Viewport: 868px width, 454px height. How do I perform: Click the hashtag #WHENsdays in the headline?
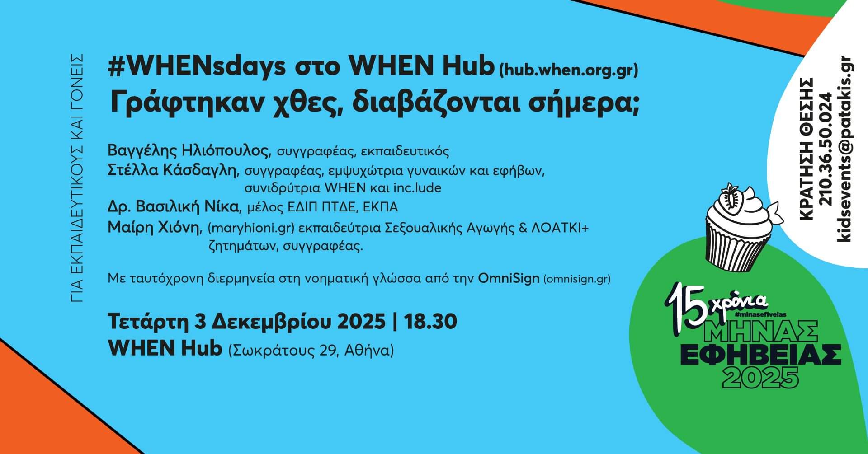[197, 68]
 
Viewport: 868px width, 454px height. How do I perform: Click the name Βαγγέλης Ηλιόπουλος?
[189, 150]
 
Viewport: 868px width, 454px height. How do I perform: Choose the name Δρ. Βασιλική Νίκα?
[173, 207]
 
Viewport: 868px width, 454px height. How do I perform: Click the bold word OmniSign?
[508, 278]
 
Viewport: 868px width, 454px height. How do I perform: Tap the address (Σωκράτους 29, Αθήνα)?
[311, 350]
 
